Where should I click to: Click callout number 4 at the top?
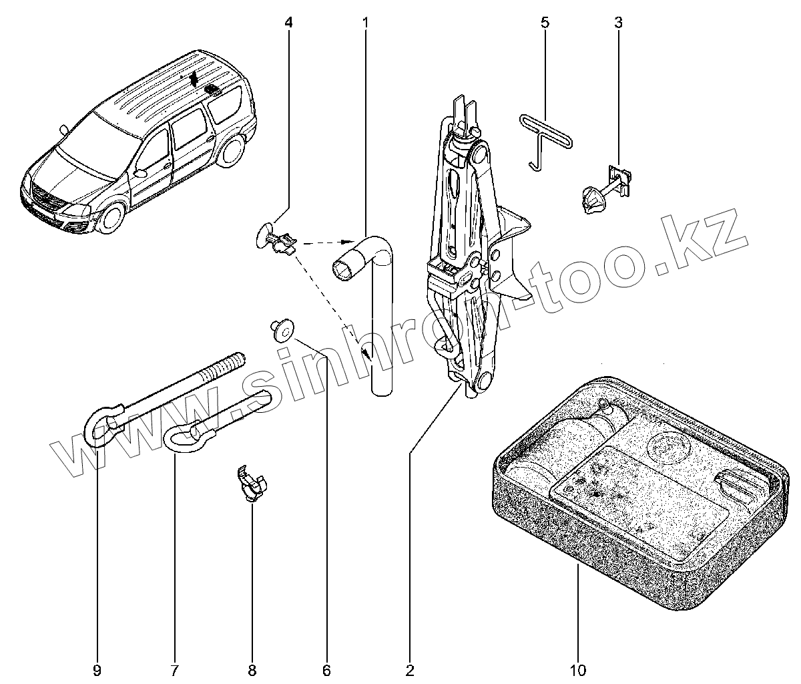point(288,23)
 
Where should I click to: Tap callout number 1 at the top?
point(366,23)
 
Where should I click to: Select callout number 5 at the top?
point(545,23)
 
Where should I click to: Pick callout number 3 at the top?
point(618,23)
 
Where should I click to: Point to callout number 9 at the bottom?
point(97,669)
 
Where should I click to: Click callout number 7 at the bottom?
point(175,669)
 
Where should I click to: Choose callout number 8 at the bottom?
point(252,669)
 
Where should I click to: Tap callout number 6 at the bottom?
point(326,669)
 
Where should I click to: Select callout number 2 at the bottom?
point(410,669)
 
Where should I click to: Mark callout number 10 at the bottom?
point(578,669)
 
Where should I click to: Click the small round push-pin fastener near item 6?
point(283,329)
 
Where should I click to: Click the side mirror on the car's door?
point(140,172)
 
